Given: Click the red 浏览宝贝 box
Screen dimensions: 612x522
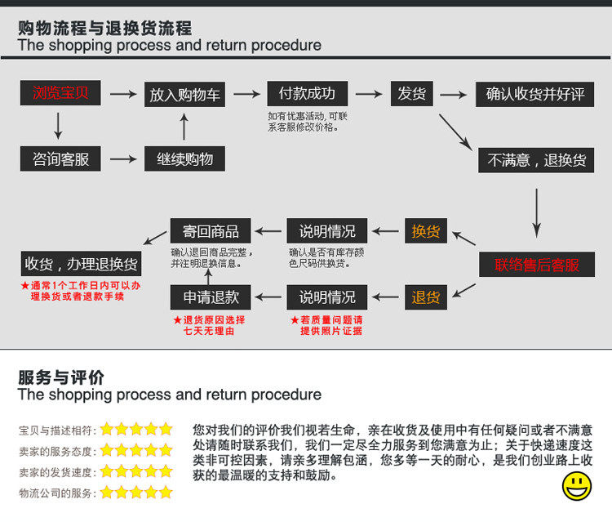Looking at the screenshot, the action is coord(55,93).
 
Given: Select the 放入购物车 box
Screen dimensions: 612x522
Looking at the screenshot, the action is coord(184,95).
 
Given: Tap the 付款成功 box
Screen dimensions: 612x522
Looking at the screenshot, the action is coord(307,93).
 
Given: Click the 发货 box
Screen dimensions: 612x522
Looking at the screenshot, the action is coord(411,94).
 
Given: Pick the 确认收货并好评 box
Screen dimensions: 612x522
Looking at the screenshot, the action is coord(534,94).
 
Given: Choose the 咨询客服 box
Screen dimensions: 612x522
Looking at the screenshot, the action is coord(60,158).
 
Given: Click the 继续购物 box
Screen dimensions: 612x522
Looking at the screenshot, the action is coord(184,158).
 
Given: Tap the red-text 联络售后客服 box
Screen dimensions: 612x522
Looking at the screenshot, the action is coord(536,264).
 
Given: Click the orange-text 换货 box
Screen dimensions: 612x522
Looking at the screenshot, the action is coord(426,231).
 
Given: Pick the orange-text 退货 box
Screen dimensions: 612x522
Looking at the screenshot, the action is coord(426,297).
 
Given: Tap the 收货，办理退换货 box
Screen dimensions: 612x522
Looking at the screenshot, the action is coord(81,264).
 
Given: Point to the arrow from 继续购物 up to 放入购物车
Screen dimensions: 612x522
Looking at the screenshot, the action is coord(184,127).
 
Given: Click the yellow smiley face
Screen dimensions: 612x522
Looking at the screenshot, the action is coord(576,486).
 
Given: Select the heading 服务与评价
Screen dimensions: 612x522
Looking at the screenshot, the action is coord(61,377).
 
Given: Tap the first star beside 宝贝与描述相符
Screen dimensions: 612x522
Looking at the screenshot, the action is coord(106,429).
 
